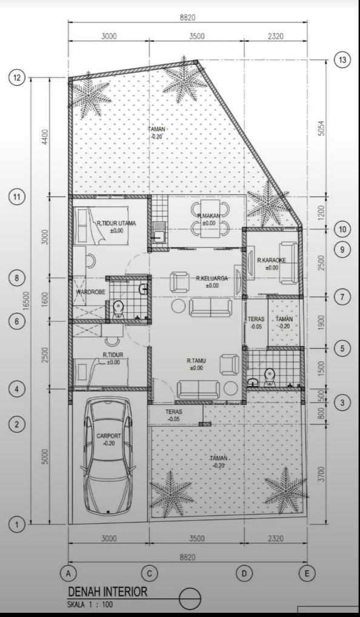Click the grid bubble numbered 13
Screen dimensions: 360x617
[x=342, y=60]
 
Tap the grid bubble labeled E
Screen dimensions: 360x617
[x=307, y=573]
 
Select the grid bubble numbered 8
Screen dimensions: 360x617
[x=16, y=278]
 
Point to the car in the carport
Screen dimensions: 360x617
[x=108, y=456]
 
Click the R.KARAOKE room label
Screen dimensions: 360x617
[x=272, y=260]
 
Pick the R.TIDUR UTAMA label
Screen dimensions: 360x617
[x=116, y=224]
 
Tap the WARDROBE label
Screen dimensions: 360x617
[x=90, y=292]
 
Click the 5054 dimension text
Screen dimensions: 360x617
[x=321, y=128]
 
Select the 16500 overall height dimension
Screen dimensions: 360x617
[x=26, y=301]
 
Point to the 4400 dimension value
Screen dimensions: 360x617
[x=45, y=137]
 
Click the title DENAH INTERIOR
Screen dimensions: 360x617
[x=108, y=592]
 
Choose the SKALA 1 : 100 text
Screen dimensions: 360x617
[x=90, y=604]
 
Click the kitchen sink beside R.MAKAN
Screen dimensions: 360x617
[x=159, y=237]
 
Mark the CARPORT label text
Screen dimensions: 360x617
[x=108, y=436]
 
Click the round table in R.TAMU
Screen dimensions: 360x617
[x=231, y=389]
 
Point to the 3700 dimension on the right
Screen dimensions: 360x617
[x=321, y=474]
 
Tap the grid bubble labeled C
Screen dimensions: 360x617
[x=149, y=573]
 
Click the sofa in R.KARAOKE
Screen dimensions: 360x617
[x=288, y=263]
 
